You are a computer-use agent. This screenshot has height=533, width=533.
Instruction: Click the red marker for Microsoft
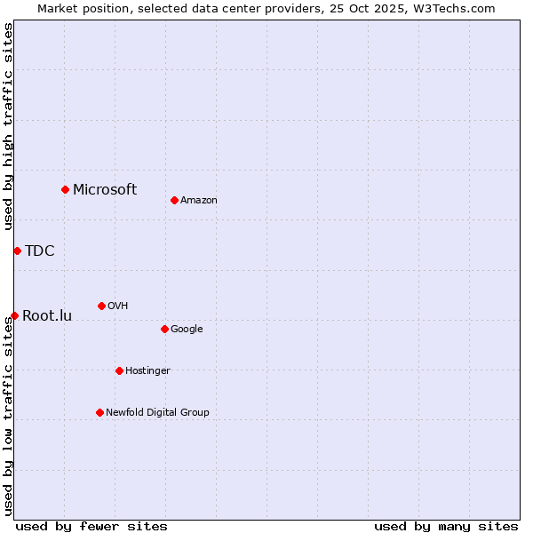(x=65, y=189)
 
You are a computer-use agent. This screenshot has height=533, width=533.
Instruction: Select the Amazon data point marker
(x=174, y=200)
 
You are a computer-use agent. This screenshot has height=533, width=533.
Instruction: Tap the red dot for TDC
(x=17, y=251)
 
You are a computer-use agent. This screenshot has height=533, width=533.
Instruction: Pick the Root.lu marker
(x=14, y=315)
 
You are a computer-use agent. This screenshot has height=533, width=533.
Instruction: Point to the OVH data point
(x=101, y=306)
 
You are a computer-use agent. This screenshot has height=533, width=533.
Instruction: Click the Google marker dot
(x=164, y=329)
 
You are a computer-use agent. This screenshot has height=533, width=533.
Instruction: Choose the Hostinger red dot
(x=119, y=370)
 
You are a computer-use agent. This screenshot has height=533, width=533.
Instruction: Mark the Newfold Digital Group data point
(x=99, y=412)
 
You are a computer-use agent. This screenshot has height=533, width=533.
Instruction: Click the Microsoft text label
(x=105, y=189)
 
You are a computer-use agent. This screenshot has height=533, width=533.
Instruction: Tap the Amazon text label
(x=199, y=200)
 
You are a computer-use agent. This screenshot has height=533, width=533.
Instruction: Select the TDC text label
(x=40, y=251)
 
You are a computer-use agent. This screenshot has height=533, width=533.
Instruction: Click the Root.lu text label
(x=47, y=315)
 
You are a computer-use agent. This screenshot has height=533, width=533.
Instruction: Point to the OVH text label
(x=118, y=306)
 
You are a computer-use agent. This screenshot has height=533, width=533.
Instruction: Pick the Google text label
(x=187, y=329)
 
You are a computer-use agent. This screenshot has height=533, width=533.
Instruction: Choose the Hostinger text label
(x=147, y=370)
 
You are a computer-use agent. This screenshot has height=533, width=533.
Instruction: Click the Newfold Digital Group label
(x=157, y=412)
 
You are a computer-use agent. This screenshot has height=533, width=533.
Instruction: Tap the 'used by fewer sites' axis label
(x=91, y=526)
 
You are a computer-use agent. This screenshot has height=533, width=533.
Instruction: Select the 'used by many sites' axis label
(x=446, y=526)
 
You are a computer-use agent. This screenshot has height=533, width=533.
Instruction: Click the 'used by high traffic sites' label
(x=8, y=126)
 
